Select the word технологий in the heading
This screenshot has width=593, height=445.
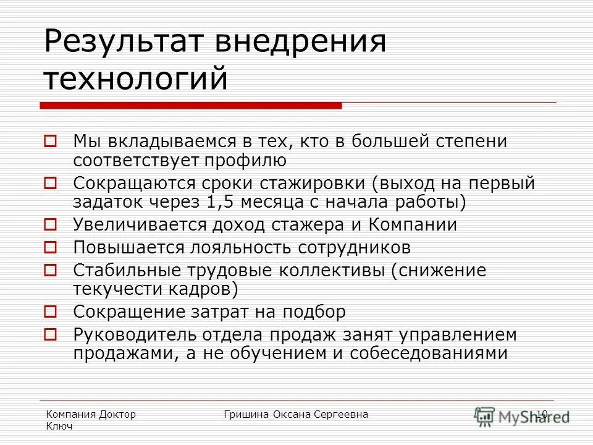136,79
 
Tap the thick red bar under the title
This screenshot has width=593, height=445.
191,106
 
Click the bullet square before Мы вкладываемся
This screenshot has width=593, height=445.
51,142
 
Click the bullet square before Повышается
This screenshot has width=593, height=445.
51,247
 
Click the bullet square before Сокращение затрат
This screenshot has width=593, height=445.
51,311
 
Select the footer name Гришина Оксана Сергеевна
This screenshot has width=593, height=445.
296,414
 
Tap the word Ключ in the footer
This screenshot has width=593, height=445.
60,426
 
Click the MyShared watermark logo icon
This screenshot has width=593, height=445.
486,415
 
